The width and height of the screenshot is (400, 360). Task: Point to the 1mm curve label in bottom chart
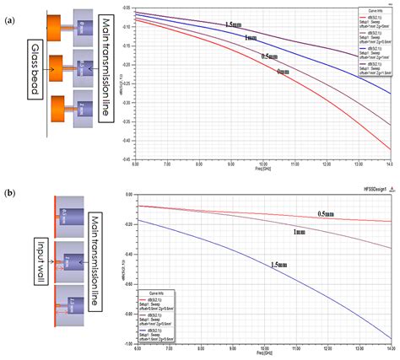click(x=300, y=231)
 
